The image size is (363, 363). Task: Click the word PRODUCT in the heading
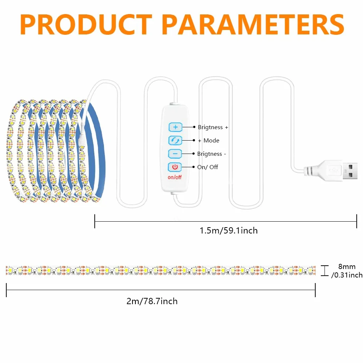point(86,24)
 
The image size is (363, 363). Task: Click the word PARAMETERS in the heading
point(253,24)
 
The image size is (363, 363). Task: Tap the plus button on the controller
point(175,127)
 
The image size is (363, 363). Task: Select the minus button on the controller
point(175,154)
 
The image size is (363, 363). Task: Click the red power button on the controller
point(175,167)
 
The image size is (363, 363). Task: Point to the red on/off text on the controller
point(175,177)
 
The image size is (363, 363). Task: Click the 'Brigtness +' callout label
point(213,127)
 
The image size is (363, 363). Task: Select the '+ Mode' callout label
point(209,141)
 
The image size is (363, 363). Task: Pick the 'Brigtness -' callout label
point(212,154)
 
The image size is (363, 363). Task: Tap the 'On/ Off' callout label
point(208,167)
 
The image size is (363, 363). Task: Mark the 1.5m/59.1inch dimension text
point(229,231)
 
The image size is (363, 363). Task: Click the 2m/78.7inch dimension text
point(152,301)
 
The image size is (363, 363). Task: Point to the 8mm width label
point(347,266)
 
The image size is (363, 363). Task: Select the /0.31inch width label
point(347,275)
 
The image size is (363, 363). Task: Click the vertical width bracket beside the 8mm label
point(325,270)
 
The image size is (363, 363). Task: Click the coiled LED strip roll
point(56,151)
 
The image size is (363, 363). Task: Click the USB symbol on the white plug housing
point(334,170)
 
